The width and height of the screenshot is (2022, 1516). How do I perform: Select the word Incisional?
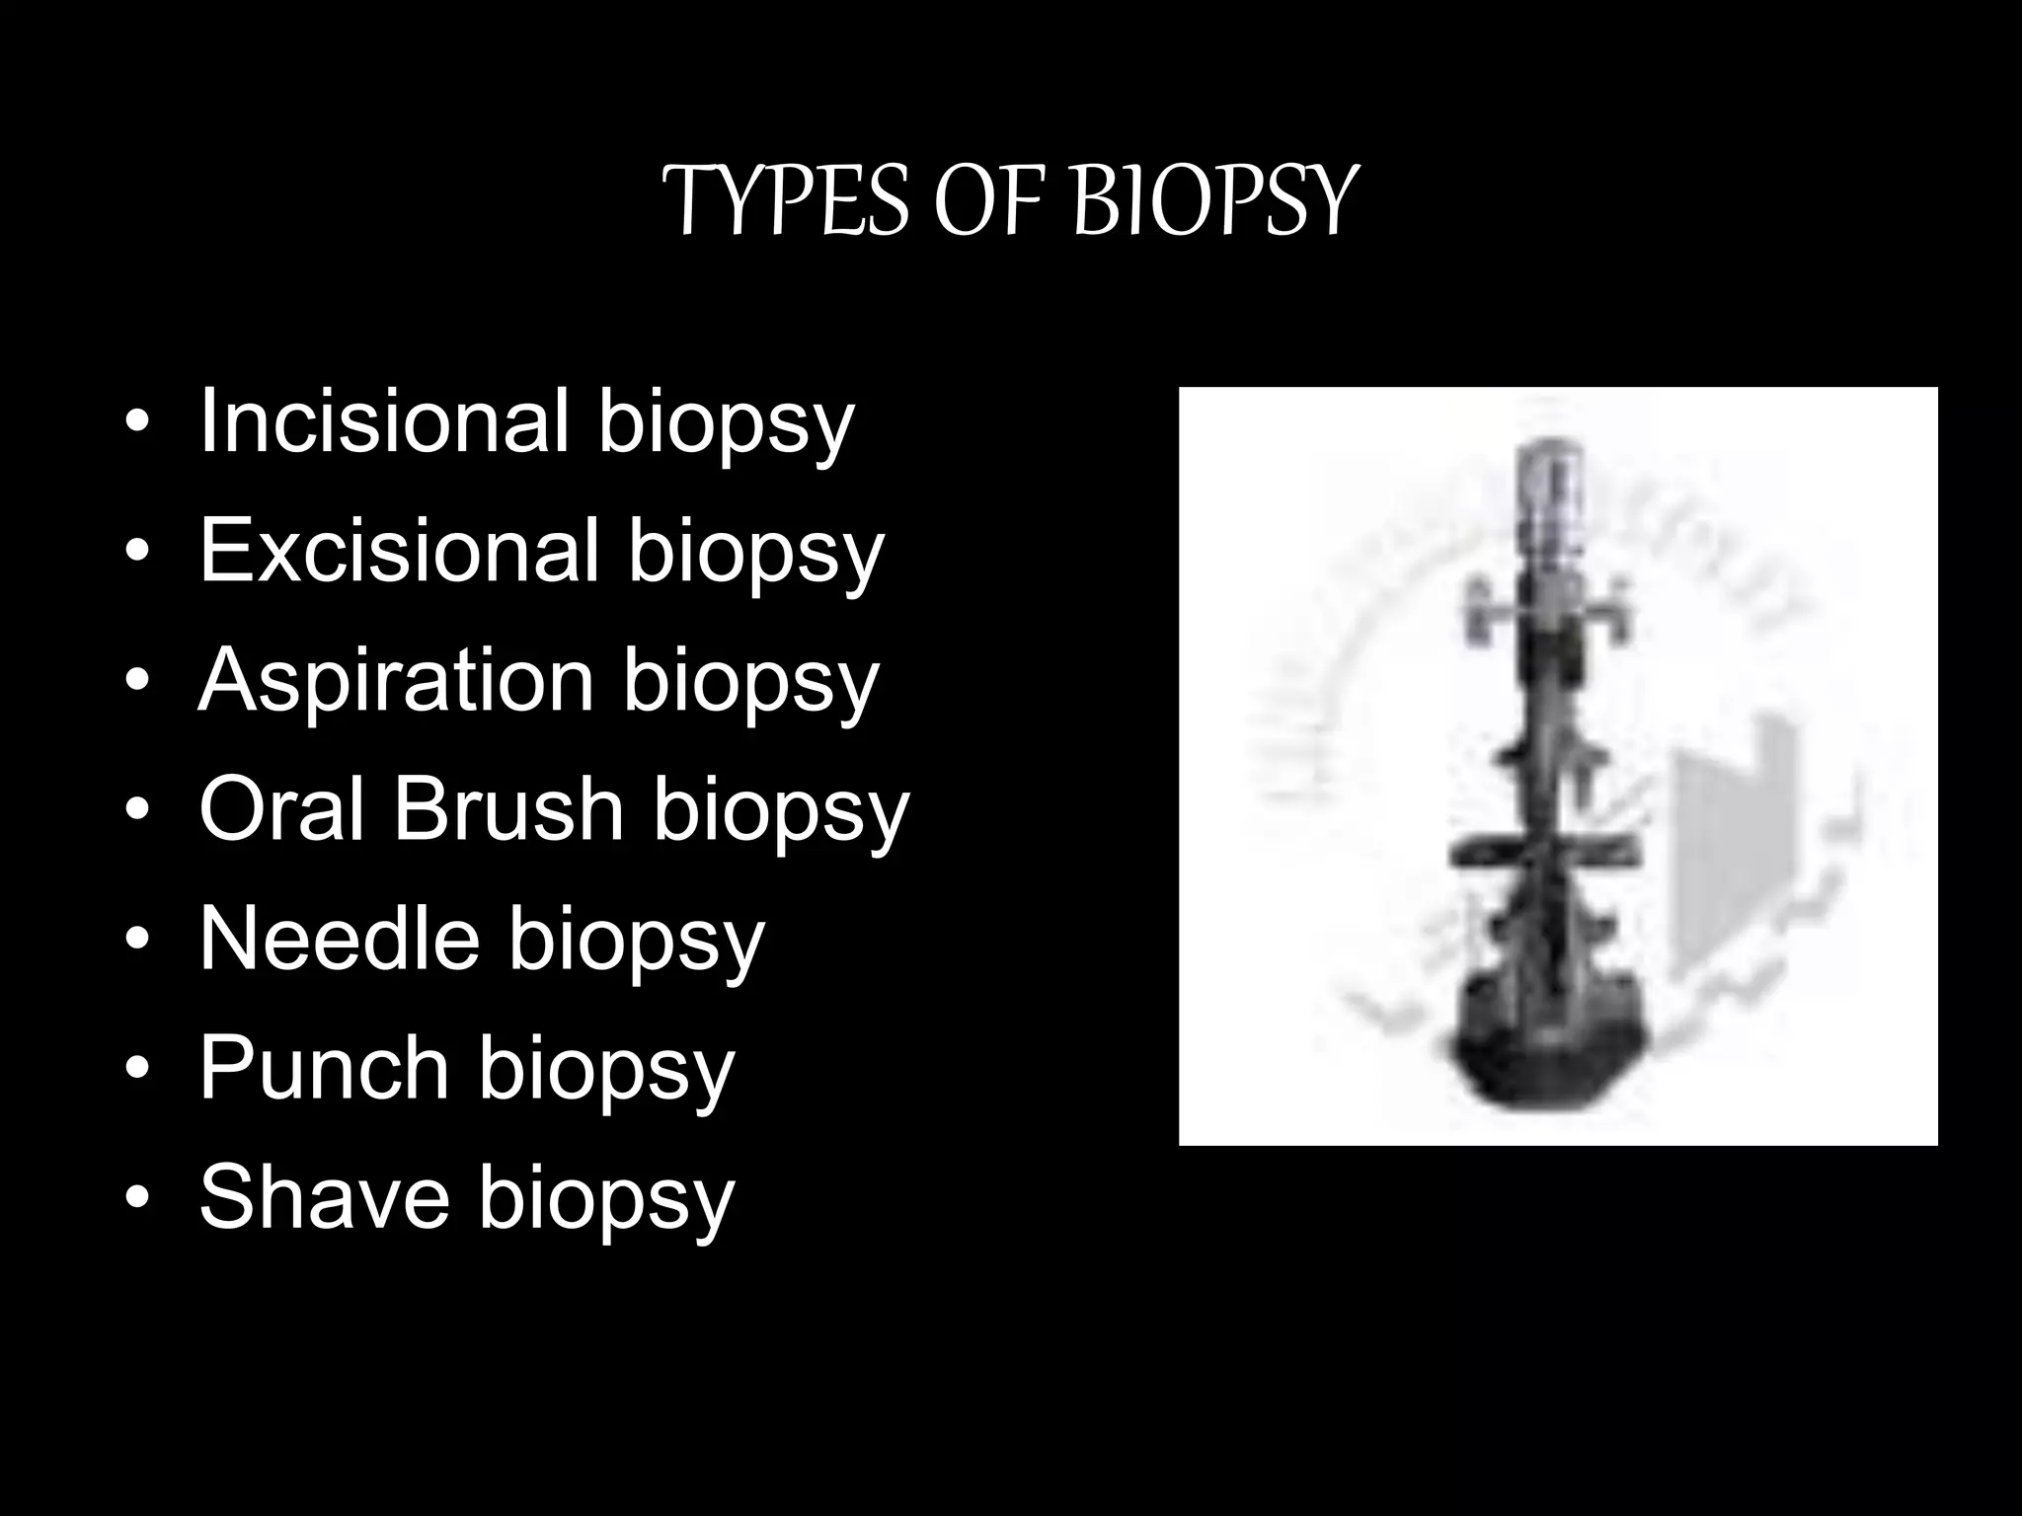coord(384,421)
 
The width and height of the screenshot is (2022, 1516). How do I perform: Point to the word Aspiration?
coord(396,680)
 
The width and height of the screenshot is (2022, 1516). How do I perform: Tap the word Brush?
coord(509,809)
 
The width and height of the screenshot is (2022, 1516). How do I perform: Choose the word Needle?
coord(340,939)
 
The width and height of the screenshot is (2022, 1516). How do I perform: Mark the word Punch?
coord(325,1068)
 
